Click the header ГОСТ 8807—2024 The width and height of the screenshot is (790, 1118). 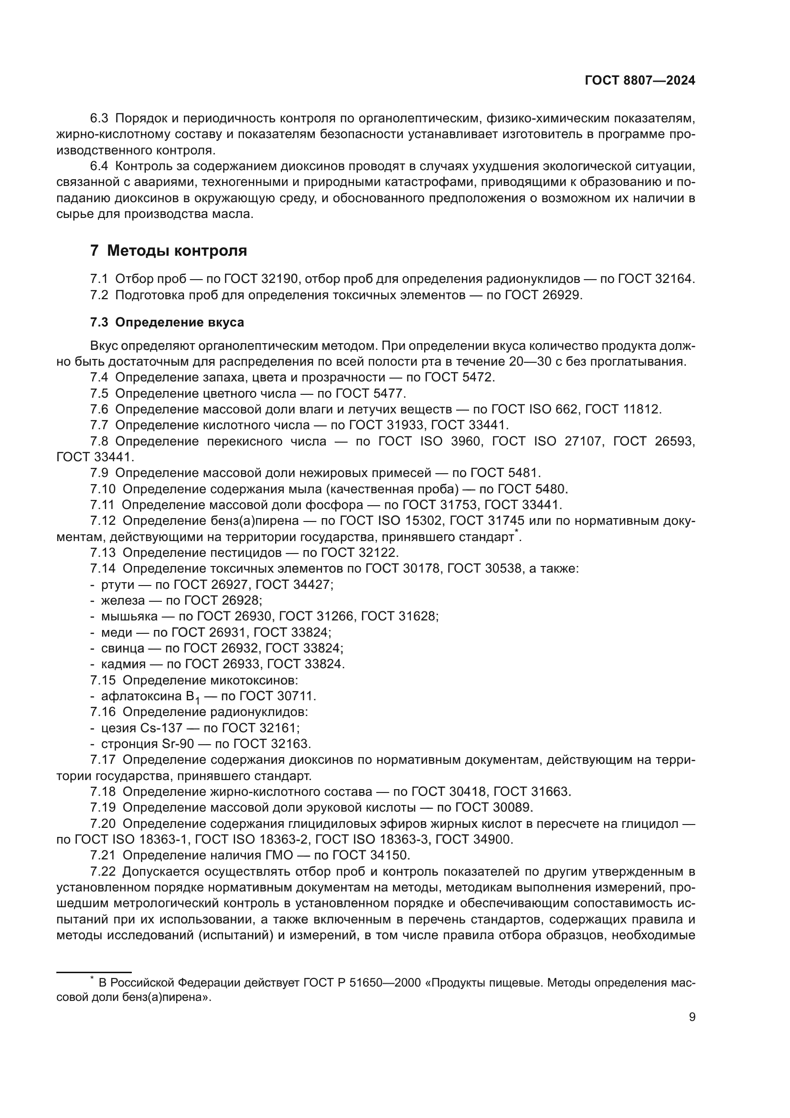[x=640, y=81]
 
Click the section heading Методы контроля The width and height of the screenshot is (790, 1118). [x=177, y=251]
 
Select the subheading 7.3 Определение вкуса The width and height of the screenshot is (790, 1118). [x=167, y=322]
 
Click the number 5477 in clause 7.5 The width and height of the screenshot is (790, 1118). [x=388, y=393]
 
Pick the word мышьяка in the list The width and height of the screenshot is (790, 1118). [x=129, y=617]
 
